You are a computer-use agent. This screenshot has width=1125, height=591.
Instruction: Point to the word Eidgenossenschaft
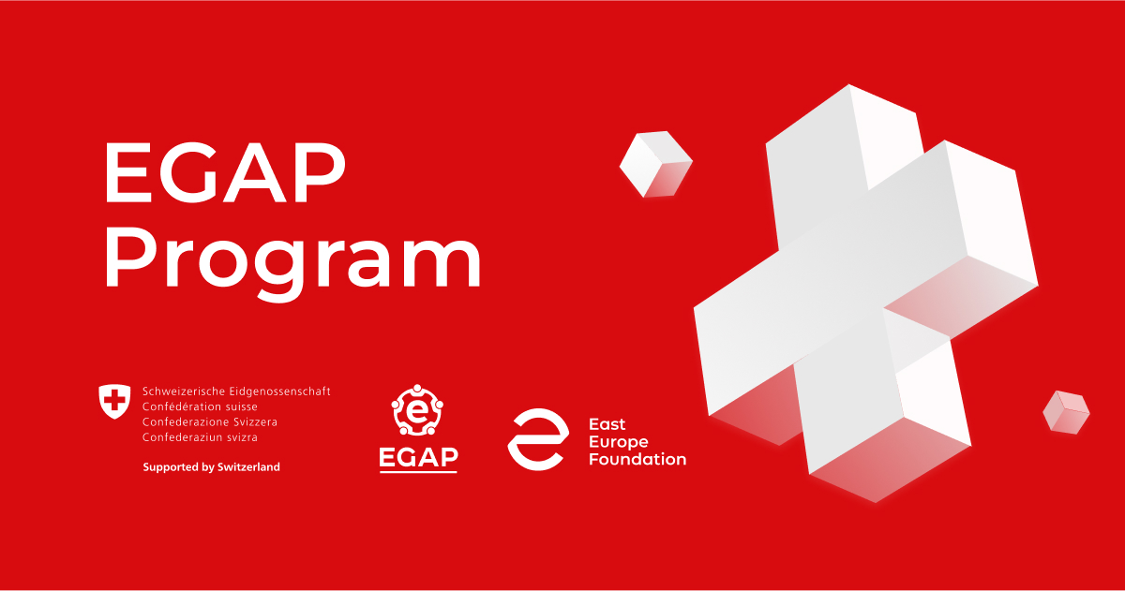pos(278,392)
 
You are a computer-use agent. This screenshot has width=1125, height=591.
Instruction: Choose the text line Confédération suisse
pos(200,406)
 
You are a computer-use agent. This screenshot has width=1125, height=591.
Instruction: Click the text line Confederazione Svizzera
pos(209,421)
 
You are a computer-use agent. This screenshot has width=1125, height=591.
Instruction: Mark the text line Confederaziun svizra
pos(200,436)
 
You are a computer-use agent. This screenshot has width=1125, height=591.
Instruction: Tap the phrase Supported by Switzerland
pos(211,466)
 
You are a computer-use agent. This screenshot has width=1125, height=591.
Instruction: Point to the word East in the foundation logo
pos(606,424)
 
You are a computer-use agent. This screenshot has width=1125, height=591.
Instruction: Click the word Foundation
pos(637,459)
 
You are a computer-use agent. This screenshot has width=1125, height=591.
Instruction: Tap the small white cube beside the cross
pos(655,164)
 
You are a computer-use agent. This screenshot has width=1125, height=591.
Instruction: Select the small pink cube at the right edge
pos(1066,411)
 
